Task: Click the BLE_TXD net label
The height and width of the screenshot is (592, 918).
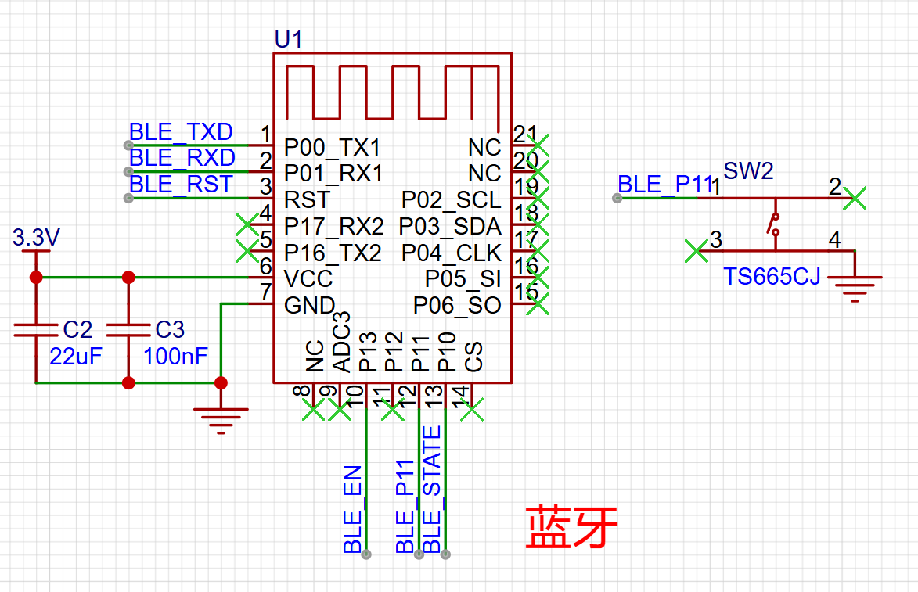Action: (x=181, y=132)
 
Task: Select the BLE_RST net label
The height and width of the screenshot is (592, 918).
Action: (x=181, y=185)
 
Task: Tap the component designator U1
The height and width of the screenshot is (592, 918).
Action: (x=289, y=40)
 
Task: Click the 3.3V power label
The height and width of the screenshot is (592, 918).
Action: (x=36, y=238)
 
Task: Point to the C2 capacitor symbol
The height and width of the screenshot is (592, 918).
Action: (x=36, y=331)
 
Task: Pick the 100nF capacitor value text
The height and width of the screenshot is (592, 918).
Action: (x=175, y=357)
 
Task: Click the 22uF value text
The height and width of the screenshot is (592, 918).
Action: (x=76, y=357)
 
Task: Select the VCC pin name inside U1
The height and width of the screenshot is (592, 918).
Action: (x=308, y=279)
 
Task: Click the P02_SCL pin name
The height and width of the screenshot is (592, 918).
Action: (x=452, y=200)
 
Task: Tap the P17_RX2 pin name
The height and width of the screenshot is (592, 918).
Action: (x=333, y=226)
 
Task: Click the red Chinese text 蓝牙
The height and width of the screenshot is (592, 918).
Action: (x=571, y=528)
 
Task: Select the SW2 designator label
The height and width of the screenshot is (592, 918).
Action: (x=748, y=170)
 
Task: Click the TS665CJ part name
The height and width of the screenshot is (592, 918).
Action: (x=772, y=277)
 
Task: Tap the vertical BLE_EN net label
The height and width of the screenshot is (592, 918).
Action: (x=353, y=510)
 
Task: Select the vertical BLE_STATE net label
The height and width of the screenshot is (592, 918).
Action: (x=431, y=490)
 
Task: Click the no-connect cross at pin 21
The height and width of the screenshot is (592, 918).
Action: (x=538, y=145)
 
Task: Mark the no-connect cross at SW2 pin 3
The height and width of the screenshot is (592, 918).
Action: (x=696, y=251)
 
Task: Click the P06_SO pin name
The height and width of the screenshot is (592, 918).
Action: (x=457, y=305)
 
